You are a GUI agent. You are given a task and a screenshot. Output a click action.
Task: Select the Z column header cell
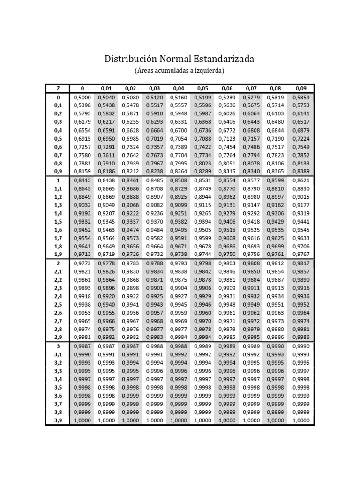pos(58,88)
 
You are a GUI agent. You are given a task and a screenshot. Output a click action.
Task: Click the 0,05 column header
pos(202,88)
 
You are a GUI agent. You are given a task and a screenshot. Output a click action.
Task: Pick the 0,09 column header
pos(300,88)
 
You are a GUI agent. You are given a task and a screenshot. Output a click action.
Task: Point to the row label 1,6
pos(58,230)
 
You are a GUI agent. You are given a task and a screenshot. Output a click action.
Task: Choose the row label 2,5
pos(58,305)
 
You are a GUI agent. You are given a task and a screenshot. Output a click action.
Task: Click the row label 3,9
pos(58,420)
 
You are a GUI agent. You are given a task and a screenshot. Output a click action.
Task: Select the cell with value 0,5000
pos(82,97)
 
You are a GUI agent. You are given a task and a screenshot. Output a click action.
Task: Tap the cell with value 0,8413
pos(82,180)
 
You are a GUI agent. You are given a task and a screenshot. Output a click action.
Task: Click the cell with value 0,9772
pos(82,263)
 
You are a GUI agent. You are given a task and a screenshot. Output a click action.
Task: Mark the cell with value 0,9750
pos(227,254)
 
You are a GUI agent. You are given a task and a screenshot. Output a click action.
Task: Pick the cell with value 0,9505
pos(202,230)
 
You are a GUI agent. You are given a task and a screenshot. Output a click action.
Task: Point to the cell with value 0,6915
pos(82,139)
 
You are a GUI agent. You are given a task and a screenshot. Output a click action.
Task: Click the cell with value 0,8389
pos(300,172)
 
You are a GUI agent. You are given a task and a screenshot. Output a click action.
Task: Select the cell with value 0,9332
pos(82,221)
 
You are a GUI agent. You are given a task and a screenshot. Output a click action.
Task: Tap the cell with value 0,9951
pos(275,305)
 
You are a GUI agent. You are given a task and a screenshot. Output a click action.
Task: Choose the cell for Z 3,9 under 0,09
pos(300,420)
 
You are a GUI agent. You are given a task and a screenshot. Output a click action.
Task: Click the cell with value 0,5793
pos(82,113)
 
